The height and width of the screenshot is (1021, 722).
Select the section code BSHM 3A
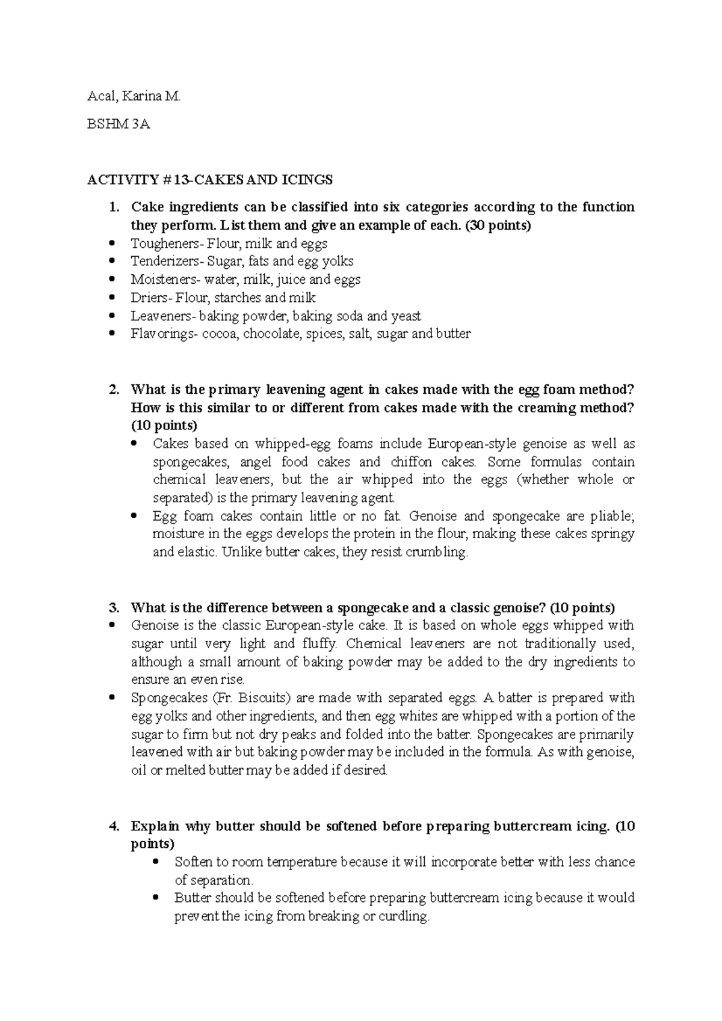[119, 124]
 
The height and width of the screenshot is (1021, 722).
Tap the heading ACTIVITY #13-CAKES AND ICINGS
[210, 179]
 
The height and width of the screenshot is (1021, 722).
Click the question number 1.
[113, 207]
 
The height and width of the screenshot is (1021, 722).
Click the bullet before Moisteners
[112, 280]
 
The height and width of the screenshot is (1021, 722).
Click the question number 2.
[113, 390]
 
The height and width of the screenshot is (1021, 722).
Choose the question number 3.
[113, 607]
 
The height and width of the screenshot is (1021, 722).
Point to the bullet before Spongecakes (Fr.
[112, 698]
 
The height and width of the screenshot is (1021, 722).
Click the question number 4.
[113, 826]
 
